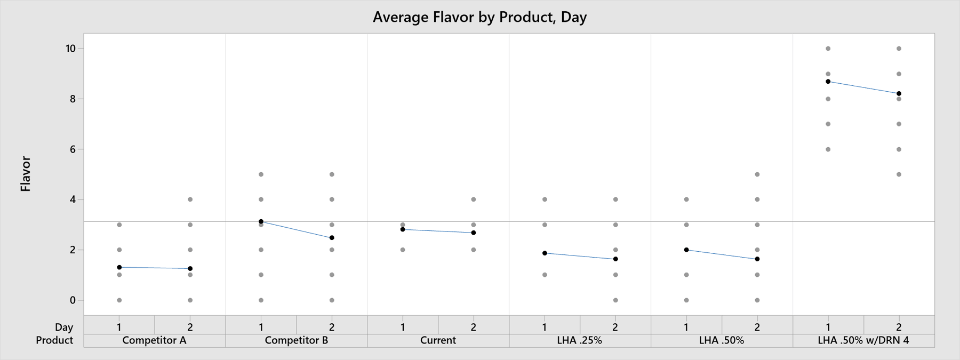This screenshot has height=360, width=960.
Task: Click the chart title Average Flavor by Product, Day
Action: coord(479,17)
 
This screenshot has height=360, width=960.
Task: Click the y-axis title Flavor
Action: coord(25,174)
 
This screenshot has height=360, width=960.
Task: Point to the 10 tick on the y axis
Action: coord(71,49)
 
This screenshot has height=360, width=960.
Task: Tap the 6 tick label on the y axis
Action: coord(73,149)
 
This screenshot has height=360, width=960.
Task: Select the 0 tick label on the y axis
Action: coord(73,300)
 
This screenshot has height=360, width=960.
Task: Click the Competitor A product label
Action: coord(154,340)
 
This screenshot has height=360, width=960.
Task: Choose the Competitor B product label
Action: coord(296,340)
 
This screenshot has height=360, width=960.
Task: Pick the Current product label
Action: coord(438,340)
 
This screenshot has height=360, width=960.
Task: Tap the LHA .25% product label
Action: coord(580,340)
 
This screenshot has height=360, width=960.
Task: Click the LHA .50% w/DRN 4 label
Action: coord(863,340)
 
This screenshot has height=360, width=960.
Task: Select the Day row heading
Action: coord(64,327)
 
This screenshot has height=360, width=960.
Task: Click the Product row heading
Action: coord(54,340)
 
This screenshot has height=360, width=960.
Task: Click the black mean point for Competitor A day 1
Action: coord(119,267)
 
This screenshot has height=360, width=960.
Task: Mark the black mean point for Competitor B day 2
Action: coord(332,238)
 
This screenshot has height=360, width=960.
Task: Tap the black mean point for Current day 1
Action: coord(403,229)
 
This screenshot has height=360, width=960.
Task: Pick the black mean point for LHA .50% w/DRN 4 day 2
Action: coord(899,94)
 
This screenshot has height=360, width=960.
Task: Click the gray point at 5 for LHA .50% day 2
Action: coord(757,174)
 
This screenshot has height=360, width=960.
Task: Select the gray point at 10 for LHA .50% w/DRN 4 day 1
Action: coord(828,49)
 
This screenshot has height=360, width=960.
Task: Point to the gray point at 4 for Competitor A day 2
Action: coord(190,199)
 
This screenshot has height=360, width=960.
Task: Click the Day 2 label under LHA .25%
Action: coord(615,327)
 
